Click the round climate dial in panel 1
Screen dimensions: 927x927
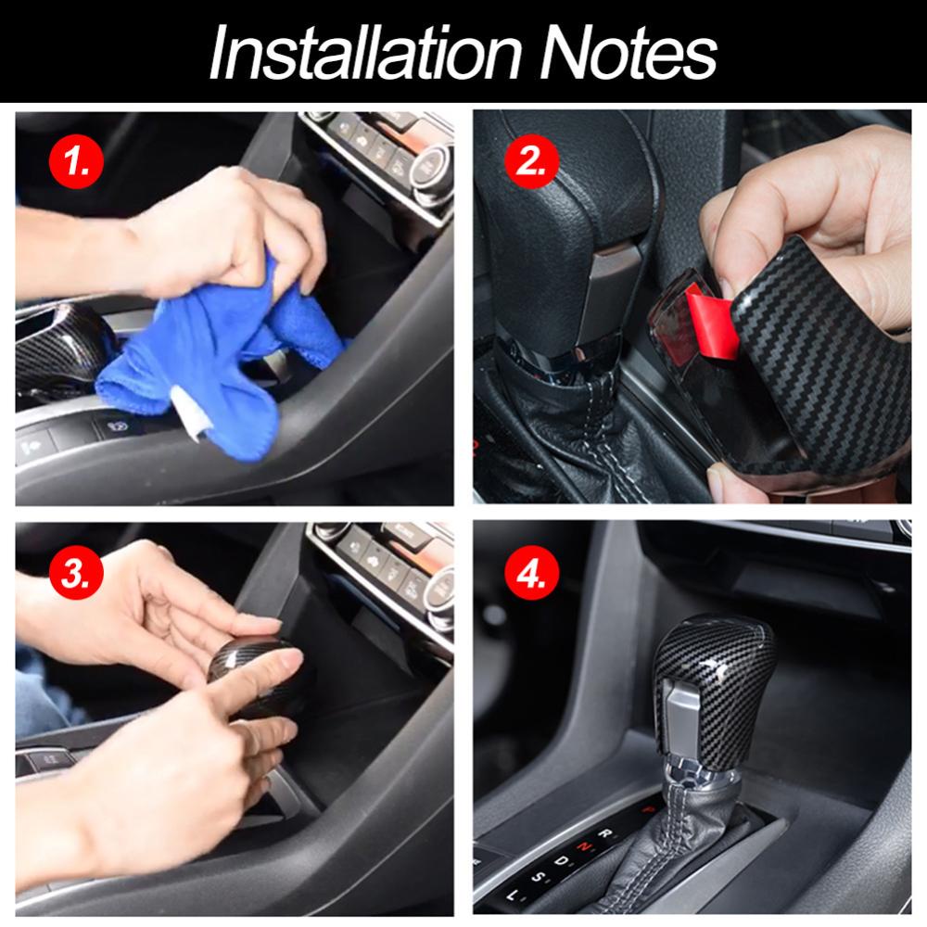pos(432,167)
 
